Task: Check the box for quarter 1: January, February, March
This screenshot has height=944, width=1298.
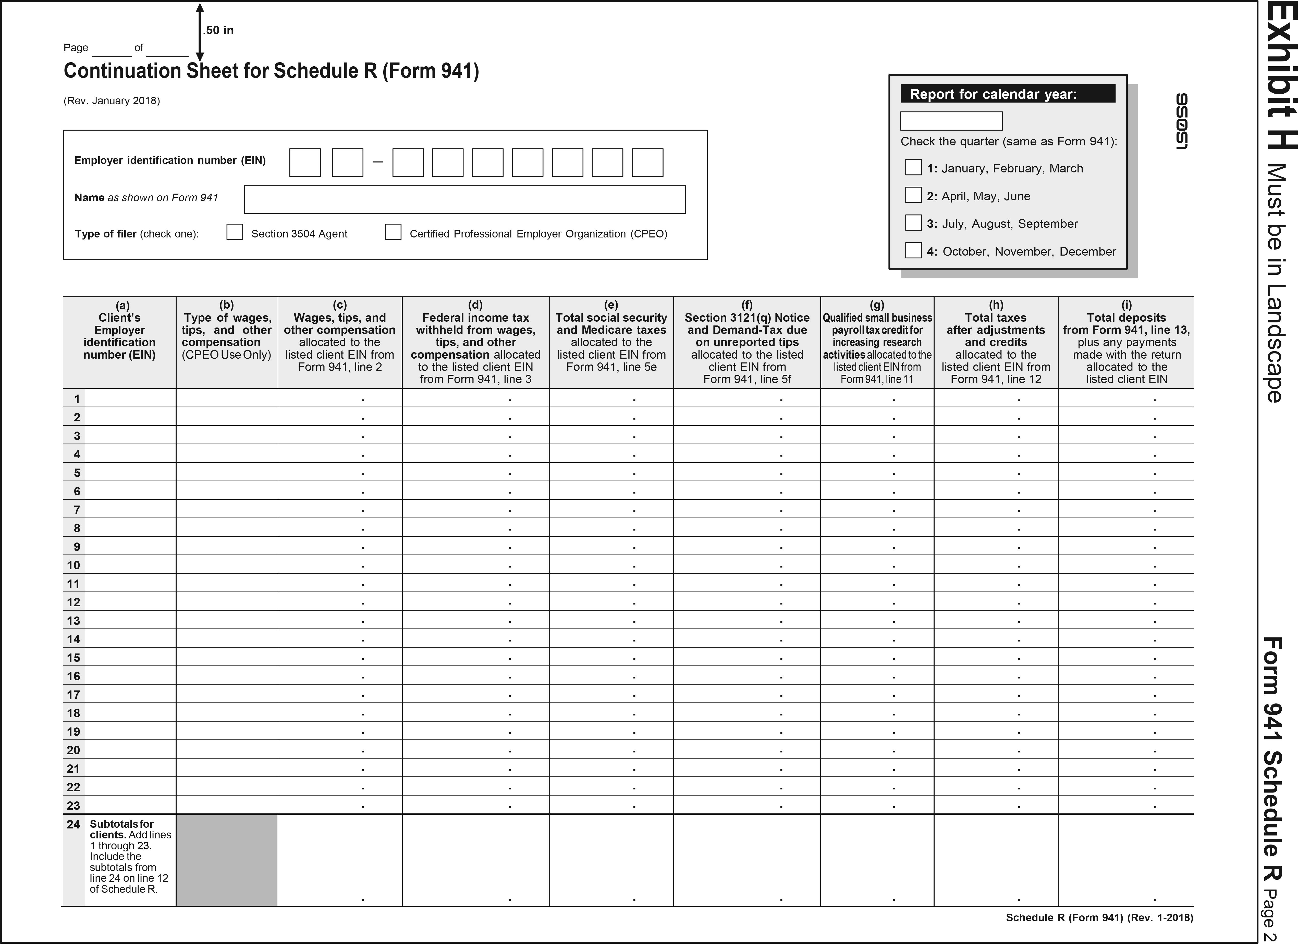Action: coord(913,168)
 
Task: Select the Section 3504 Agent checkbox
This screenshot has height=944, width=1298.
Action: coord(235,232)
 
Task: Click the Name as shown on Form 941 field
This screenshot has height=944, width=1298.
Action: coord(465,200)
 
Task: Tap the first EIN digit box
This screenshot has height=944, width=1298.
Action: coord(305,162)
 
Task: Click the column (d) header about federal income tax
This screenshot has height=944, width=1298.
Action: coord(476,342)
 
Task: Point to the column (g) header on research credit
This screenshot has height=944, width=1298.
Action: coord(877,342)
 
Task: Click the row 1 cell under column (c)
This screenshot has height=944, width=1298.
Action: coord(340,398)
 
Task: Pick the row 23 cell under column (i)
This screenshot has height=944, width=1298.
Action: coord(1126,805)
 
